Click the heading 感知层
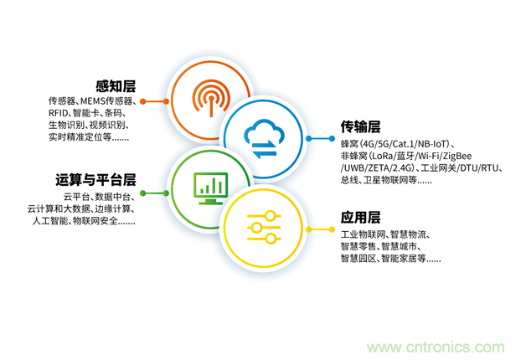point(115,86)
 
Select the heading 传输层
point(360,127)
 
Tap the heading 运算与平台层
point(95,180)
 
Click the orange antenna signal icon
point(209,100)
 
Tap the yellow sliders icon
point(262,228)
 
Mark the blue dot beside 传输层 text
point(310,138)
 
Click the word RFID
point(58,113)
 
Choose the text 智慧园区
point(357,259)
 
